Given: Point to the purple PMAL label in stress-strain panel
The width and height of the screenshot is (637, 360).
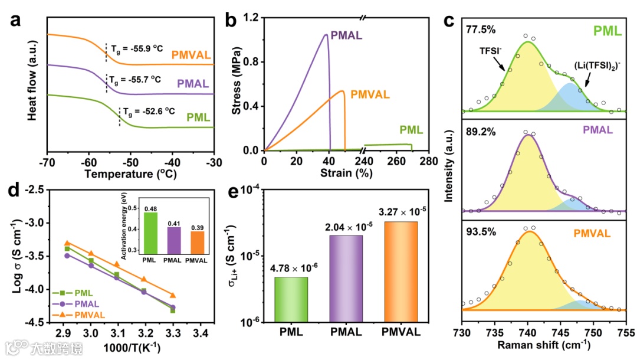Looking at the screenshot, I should pos(347,35).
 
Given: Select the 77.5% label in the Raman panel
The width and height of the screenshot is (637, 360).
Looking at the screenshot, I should pos(477,28).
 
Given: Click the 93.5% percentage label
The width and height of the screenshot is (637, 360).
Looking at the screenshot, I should pos(477,231).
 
